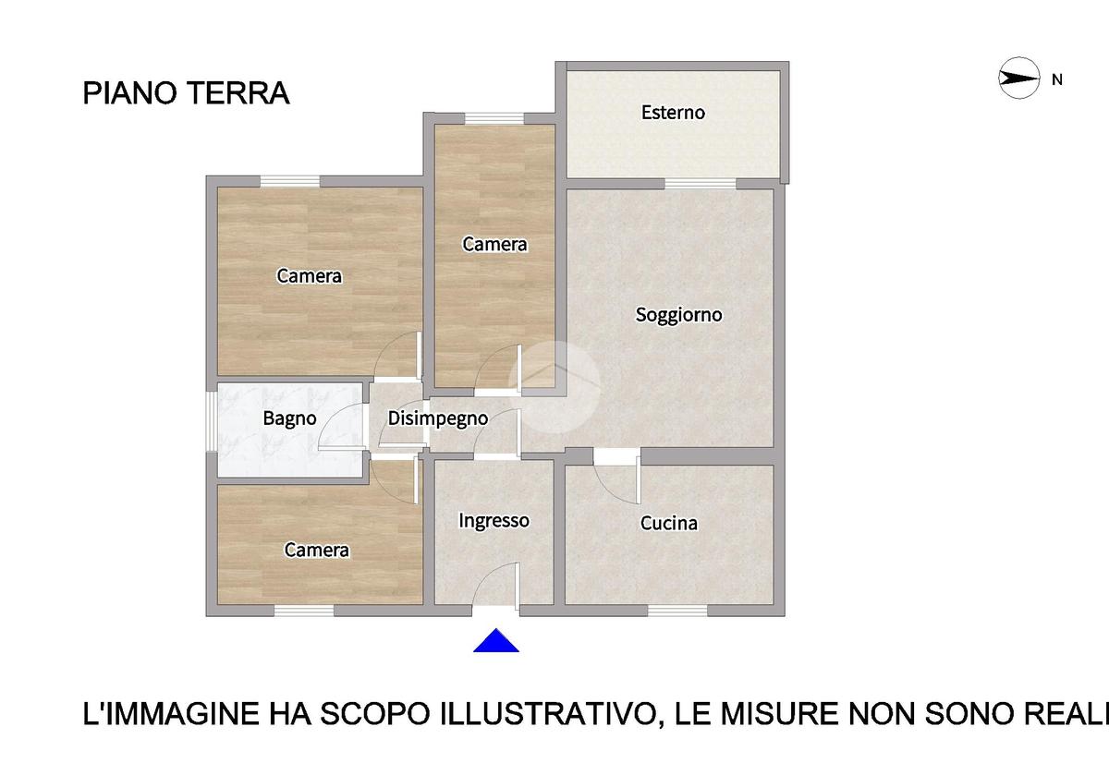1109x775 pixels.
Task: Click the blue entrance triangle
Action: [x=496, y=641]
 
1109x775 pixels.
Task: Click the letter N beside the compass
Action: [x=1057, y=79]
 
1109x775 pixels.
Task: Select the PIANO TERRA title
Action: [x=186, y=93]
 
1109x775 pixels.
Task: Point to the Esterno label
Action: [x=673, y=113]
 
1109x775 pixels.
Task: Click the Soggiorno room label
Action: [x=678, y=315]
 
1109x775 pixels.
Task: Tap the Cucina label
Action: [x=669, y=523]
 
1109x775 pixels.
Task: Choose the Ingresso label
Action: [x=494, y=521]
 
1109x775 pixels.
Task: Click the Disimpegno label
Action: [x=438, y=418]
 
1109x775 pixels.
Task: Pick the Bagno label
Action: [x=289, y=418]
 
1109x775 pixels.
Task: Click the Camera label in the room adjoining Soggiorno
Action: [x=494, y=244]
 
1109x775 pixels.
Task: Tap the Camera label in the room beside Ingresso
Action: [x=317, y=550]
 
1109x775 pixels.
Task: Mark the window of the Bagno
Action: [x=212, y=421]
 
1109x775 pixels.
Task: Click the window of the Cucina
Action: [x=677, y=612]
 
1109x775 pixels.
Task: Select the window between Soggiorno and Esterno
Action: [x=701, y=184]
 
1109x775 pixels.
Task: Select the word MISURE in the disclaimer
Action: [x=779, y=713]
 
